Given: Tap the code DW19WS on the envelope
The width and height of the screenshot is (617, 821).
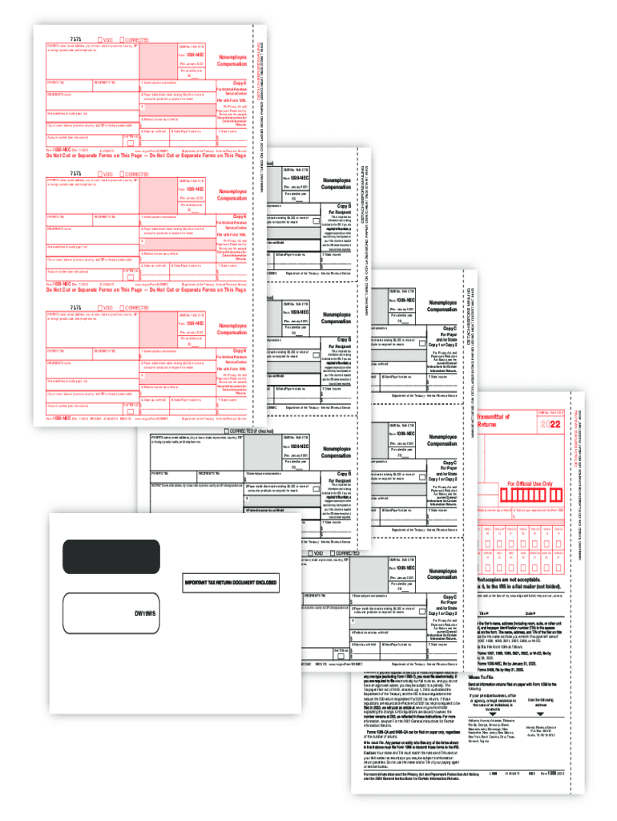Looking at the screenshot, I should (x=145, y=616).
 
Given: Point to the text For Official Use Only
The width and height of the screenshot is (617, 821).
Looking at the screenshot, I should (x=530, y=483).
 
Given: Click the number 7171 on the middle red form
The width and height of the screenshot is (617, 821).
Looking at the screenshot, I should (x=75, y=172).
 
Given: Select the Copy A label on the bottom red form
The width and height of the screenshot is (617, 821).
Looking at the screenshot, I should (x=240, y=351).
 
